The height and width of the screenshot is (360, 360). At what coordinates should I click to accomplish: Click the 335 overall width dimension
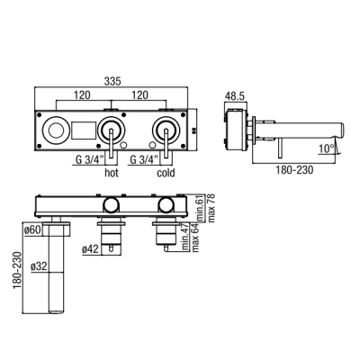coord(112,81)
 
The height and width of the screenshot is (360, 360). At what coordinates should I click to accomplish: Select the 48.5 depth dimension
coord(235,96)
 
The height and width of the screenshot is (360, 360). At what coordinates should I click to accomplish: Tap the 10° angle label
coord(327,148)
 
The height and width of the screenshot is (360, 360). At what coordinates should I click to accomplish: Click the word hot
coord(112,173)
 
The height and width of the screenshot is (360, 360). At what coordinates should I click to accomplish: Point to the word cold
coord(166,173)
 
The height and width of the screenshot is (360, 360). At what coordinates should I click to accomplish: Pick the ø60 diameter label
coord(31,230)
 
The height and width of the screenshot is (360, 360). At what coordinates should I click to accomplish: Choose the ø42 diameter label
coord(90,249)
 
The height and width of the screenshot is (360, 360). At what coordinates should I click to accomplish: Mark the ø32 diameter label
coord(40,266)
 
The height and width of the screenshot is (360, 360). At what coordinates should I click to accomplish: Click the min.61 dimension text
coord(200,208)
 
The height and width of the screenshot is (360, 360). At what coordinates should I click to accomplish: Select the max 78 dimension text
coord(211,208)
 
